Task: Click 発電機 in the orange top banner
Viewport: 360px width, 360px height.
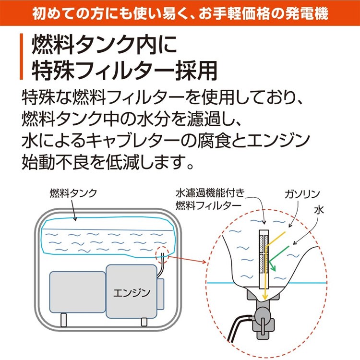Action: click(x=312, y=14)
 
